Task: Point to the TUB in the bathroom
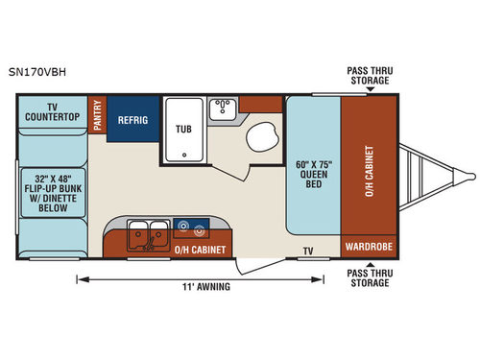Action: [182, 129]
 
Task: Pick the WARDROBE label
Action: [369, 247]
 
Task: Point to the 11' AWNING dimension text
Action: [204, 285]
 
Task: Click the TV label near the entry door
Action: [308, 250]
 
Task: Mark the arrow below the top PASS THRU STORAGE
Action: [369, 90]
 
